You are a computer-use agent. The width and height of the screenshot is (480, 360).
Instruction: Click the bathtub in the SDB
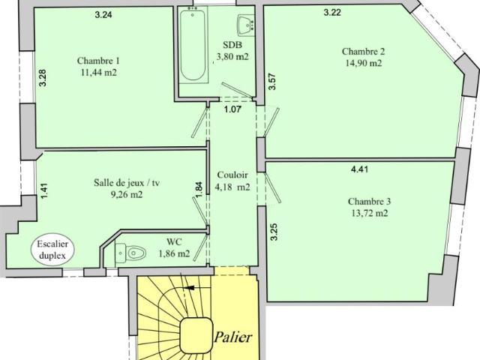(193, 46)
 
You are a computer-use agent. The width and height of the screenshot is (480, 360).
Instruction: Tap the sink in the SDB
(246, 25)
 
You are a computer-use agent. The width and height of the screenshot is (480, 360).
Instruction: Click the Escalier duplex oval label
(52, 250)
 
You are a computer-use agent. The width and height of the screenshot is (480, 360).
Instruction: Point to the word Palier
(233, 337)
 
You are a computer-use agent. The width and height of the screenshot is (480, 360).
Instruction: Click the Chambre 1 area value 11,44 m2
(99, 73)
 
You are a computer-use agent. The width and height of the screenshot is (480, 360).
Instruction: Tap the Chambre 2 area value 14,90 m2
(363, 63)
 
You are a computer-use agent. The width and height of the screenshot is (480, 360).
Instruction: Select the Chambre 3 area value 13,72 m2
(370, 213)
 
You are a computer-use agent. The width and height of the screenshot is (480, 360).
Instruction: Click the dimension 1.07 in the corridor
(232, 109)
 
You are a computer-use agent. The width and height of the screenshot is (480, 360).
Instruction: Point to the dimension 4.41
(359, 169)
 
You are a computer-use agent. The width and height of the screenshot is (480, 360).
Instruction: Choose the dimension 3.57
(272, 82)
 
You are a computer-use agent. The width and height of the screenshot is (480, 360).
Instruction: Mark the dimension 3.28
(43, 78)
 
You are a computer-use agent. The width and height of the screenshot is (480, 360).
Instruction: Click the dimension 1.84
(199, 190)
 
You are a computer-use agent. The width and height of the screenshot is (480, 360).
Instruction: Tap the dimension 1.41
(44, 190)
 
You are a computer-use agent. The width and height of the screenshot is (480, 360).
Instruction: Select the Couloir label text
(232, 175)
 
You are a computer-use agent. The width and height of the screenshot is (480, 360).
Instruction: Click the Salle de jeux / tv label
(127, 183)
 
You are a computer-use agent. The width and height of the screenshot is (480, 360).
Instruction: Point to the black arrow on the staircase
(190, 288)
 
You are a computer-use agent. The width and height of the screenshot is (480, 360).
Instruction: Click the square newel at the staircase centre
(196, 335)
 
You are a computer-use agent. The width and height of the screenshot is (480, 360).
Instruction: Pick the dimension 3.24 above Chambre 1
(103, 15)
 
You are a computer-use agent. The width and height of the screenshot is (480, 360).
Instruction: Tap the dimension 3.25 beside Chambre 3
(274, 232)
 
